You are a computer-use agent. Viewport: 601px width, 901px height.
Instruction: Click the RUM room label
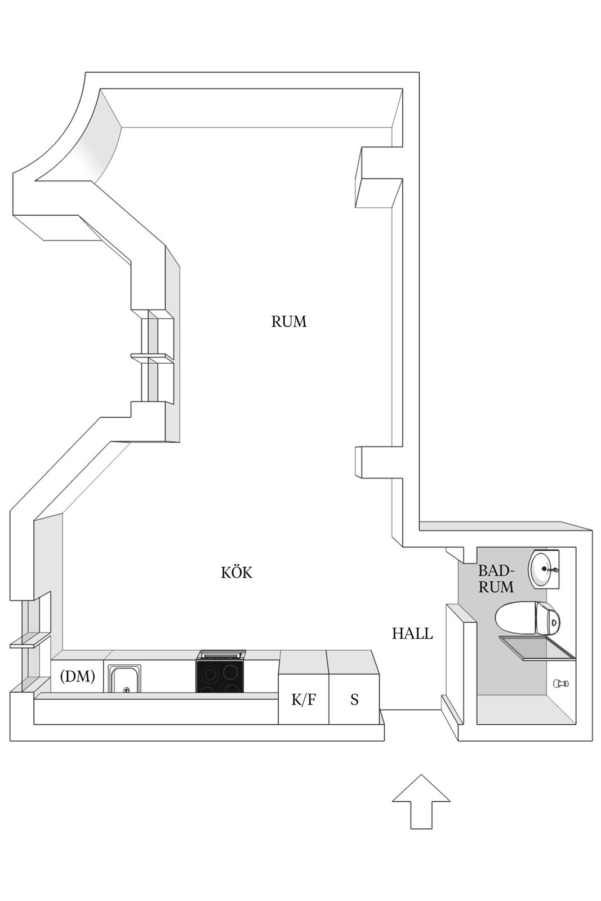pos(289,322)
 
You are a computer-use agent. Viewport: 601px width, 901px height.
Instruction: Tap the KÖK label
pos(237,572)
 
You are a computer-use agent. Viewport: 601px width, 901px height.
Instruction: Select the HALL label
pos(412,634)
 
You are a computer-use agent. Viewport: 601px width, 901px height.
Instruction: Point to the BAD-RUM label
pos(496,579)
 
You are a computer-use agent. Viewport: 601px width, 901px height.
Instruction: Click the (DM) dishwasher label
pos(78,676)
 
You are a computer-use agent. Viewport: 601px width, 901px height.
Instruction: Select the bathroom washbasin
pos(543,569)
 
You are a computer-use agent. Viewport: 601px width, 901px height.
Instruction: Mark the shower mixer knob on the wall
pos(561,683)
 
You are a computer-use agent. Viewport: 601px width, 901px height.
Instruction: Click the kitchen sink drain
pos(126,689)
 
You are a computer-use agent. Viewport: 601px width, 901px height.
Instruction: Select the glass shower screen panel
pos(537,648)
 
